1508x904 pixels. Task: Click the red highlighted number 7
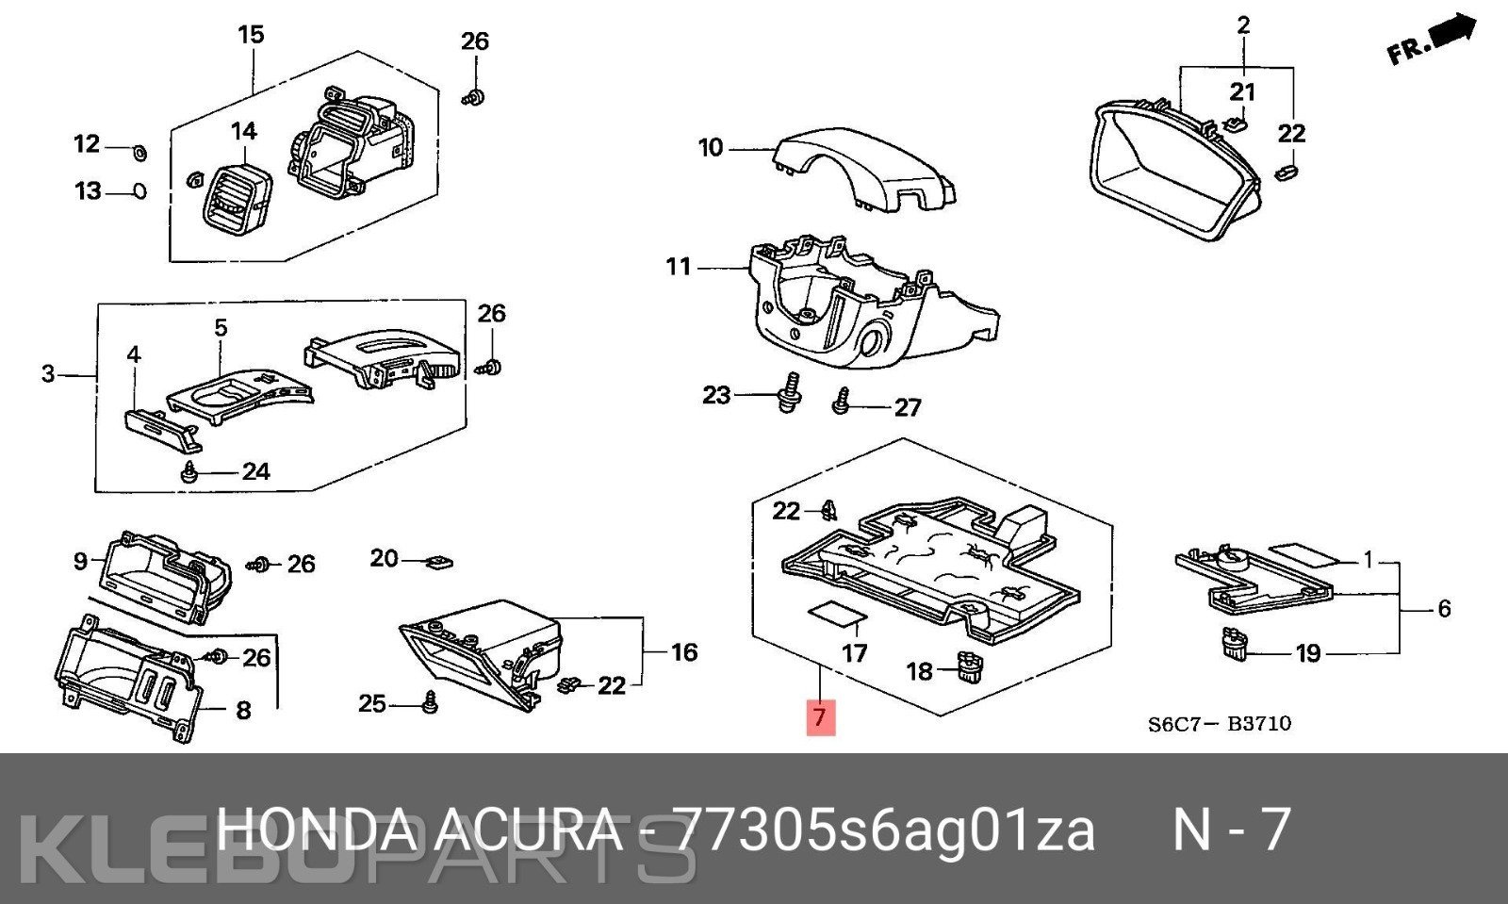pyautogui.click(x=821, y=716)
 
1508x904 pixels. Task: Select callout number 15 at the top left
pyautogui.click(x=251, y=34)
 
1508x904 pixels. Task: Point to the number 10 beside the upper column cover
pyautogui.click(x=711, y=147)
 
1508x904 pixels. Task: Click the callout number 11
pyautogui.click(x=679, y=267)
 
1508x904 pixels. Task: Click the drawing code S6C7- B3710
pyautogui.click(x=1220, y=724)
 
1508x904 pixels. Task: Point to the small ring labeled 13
pyautogui.click(x=138, y=192)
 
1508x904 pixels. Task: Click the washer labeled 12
pyautogui.click(x=140, y=153)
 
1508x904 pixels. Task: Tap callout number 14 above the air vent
pyautogui.click(x=244, y=131)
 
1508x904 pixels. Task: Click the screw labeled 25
pyautogui.click(x=429, y=702)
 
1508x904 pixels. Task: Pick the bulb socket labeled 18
pyautogui.click(x=967, y=666)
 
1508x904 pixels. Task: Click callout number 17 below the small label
pyautogui.click(x=854, y=652)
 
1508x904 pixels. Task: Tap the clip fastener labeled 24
pyautogui.click(x=189, y=471)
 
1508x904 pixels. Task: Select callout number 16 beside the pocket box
pyautogui.click(x=684, y=651)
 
